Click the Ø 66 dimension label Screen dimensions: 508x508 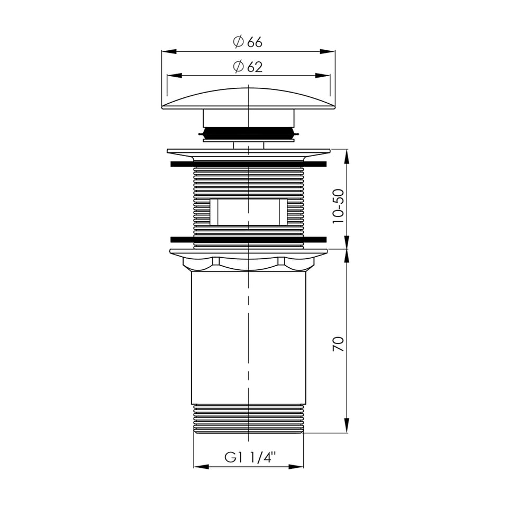[248, 42]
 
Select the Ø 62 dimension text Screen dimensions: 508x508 [248, 67]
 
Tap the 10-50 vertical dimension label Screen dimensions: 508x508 [338, 206]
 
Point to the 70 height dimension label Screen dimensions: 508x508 [338, 344]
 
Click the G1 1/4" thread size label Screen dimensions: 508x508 [250, 457]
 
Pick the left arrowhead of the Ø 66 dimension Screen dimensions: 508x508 [169, 51]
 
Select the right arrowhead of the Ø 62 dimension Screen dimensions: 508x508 [323, 76]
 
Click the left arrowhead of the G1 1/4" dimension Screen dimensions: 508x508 [201, 467]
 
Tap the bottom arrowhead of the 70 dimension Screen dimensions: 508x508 [347, 425]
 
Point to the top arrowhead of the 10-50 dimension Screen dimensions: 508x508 [347, 157]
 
